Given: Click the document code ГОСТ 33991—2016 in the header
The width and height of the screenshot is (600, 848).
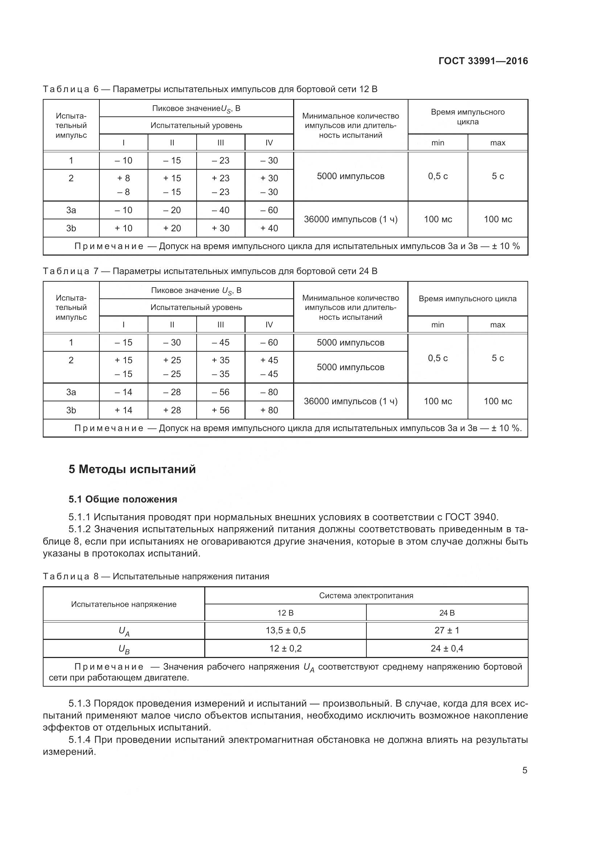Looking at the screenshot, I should point(483,61).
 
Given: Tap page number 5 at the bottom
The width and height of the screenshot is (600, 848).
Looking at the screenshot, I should point(525,770).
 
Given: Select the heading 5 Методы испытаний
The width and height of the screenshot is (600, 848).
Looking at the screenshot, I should point(132,469).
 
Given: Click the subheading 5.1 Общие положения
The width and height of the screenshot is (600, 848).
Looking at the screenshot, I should point(123,499).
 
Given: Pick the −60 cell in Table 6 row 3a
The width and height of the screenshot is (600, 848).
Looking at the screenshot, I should point(269,210).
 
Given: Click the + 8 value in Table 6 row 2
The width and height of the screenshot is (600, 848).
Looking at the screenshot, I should point(123,178).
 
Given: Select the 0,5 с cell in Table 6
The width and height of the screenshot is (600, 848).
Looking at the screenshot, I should point(438,176).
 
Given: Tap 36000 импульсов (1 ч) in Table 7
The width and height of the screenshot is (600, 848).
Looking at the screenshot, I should point(350,401).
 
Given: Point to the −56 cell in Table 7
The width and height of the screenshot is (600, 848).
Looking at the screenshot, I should point(221,392).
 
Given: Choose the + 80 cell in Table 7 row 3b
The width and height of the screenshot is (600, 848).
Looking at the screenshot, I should point(269,410).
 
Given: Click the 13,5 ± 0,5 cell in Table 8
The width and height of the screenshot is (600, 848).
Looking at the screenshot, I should point(285,630).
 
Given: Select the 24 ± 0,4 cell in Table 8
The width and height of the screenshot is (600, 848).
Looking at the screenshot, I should point(447,649).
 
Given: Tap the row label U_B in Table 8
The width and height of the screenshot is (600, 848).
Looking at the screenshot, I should point(124,649).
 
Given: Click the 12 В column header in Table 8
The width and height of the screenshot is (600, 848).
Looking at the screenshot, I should point(285,613).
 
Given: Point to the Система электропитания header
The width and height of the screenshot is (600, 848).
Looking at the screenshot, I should point(366,595).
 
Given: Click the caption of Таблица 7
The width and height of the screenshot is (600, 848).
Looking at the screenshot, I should point(210,271).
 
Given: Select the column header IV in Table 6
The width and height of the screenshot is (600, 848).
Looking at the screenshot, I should point(269,142).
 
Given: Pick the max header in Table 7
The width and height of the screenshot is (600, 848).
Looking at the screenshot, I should point(497,324).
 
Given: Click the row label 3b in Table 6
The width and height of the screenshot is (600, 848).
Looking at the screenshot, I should point(71,228).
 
